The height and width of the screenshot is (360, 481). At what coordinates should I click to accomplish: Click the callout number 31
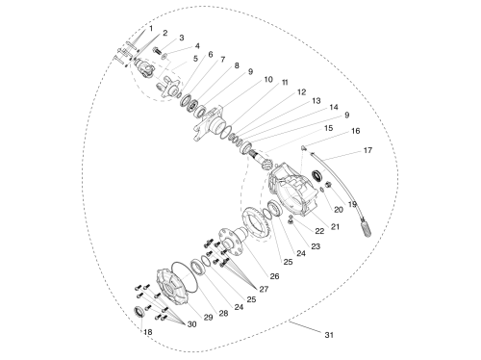pos(329,335)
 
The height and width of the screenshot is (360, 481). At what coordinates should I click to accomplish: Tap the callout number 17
pos(367,150)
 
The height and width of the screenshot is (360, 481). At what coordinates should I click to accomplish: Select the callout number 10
pos(268,79)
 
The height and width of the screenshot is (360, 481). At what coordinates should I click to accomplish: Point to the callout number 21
pos(335,226)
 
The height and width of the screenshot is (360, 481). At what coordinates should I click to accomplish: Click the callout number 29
pos(208,317)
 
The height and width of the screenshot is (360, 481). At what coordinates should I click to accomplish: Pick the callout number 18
pos(147,332)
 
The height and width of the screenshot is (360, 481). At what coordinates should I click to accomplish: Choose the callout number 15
pos(328,128)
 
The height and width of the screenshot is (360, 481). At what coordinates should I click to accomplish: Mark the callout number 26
pos(274,276)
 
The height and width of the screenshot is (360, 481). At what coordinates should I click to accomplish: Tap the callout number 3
pos(182,38)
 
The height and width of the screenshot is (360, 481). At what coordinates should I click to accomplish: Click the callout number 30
pos(191,324)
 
